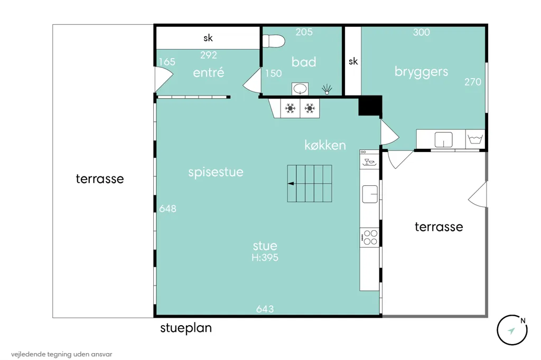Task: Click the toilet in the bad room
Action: (x=274, y=41)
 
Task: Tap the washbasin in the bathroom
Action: (x=300, y=89)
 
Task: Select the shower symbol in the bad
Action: (x=327, y=89)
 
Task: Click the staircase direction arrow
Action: (x=291, y=184)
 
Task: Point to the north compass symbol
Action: (x=512, y=330)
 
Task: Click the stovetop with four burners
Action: (x=369, y=237)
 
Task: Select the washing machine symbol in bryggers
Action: (x=475, y=139)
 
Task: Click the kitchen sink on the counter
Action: (x=370, y=194)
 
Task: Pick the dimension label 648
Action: (x=167, y=209)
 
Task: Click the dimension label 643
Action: (x=265, y=309)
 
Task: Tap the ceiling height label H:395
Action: (x=265, y=257)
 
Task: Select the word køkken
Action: (x=325, y=145)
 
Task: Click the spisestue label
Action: (x=216, y=172)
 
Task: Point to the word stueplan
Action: (x=186, y=328)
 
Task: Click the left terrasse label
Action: (x=100, y=178)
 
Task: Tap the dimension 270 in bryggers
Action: (x=473, y=82)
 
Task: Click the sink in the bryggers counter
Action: (x=443, y=140)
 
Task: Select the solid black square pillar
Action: (x=370, y=106)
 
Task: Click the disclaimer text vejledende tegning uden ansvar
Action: (x=61, y=354)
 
